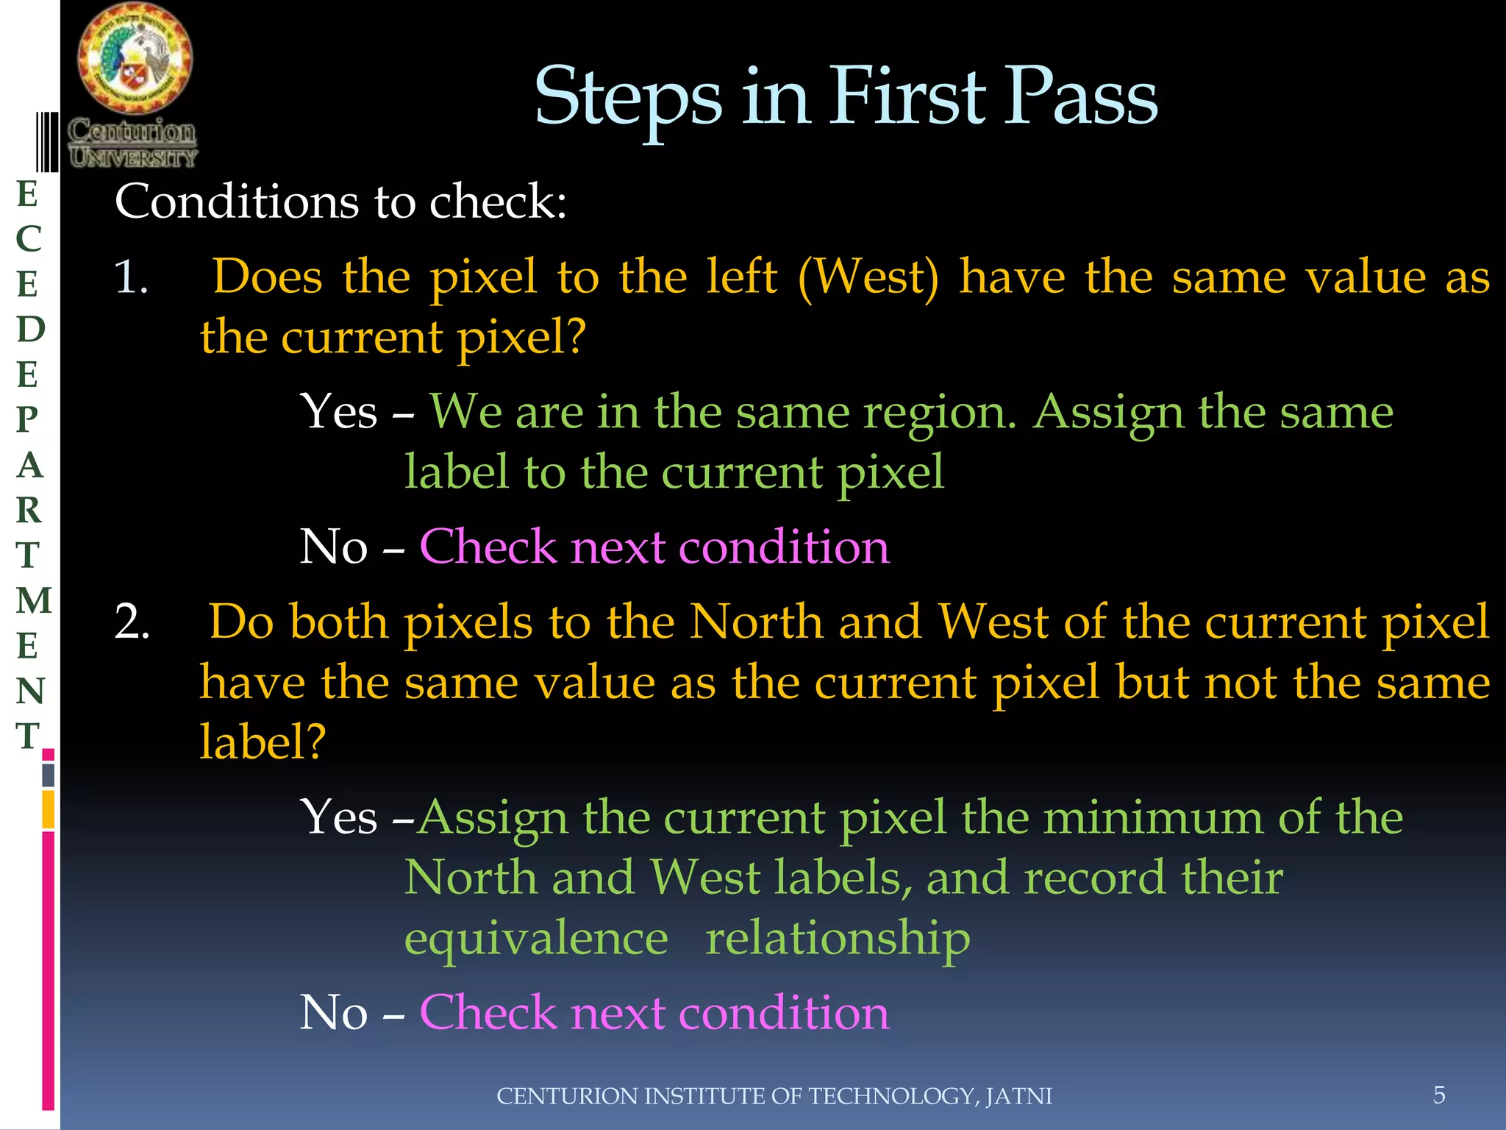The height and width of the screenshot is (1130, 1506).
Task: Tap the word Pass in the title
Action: pyautogui.click(x=1079, y=98)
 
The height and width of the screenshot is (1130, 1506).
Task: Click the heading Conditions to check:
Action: pyautogui.click(x=340, y=202)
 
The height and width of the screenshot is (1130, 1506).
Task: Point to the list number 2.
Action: pyautogui.click(x=132, y=622)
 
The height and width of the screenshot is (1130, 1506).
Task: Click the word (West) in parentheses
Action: pyautogui.click(x=868, y=278)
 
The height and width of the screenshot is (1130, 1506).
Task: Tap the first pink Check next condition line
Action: pyautogui.click(x=654, y=547)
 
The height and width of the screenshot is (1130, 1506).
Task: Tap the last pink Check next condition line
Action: pyautogui.click(x=654, y=1012)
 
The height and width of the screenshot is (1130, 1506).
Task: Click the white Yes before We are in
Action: pyautogui.click(x=338, y=412)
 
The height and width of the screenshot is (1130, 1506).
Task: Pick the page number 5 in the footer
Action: pyautogui.click(x=1439, y=1095)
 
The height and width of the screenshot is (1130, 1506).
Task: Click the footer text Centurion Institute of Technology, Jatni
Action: pyautogui.click(x=774, y=1096)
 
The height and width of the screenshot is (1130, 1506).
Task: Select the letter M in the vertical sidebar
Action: pyautogui.click(x=33, y=600)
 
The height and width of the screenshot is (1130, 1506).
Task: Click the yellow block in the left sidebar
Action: pyautogui.click(x=49, y=809)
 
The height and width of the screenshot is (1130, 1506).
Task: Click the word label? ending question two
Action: pyautogui.click(x=263, y=742)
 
